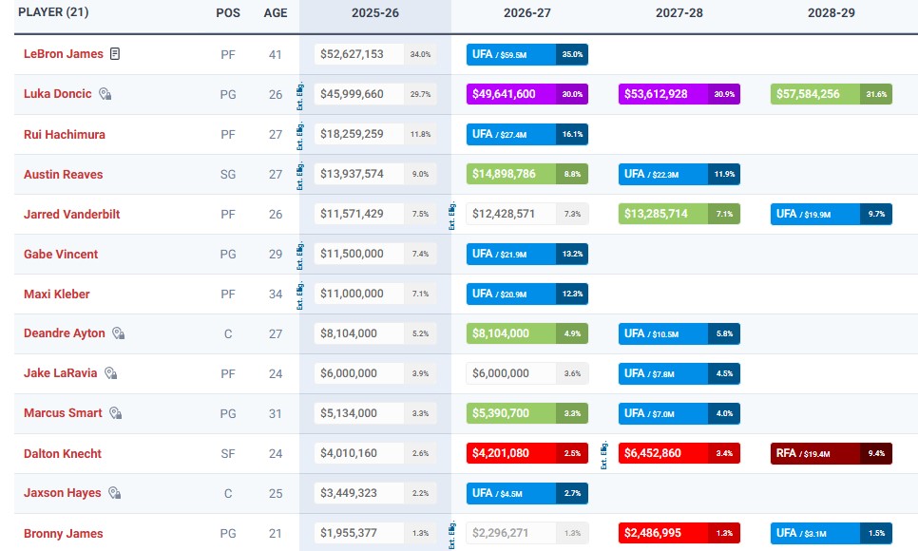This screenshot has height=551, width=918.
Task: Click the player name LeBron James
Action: click(63, 54)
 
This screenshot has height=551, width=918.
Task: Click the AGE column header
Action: click(276, 14)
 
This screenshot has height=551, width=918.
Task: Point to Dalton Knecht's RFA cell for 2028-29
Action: click(831, 454)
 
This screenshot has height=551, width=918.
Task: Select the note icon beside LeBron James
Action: click(115, 54)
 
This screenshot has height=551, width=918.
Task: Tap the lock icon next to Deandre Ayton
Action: click(118, 334)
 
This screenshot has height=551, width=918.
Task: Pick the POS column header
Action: click(228, 14)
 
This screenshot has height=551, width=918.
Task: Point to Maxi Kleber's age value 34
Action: click(276, 294)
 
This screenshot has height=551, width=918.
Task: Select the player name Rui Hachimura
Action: click(65, 135)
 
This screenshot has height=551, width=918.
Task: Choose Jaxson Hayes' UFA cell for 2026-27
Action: click(526, 494)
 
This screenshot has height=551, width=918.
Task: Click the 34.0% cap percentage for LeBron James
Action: click(420, 54)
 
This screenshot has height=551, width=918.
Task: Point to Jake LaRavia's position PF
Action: click(228, 374)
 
